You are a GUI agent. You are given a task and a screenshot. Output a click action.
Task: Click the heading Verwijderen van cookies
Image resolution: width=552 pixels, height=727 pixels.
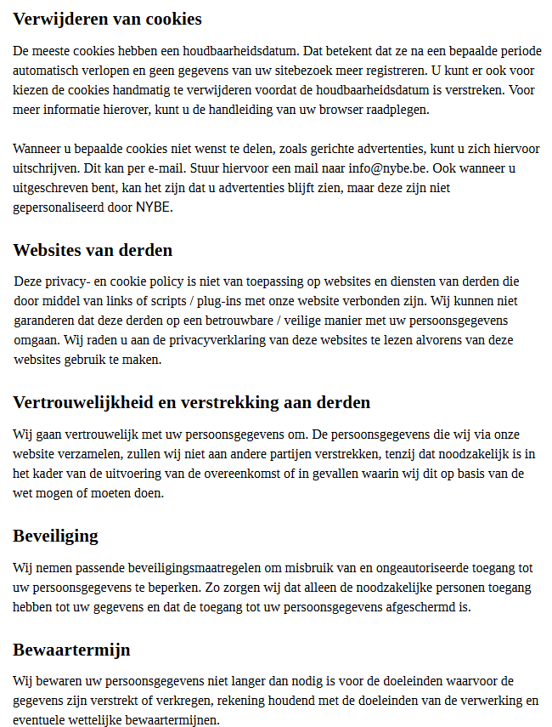(x=107, y=19)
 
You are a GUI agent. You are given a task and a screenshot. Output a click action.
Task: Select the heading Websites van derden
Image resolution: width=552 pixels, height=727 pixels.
(x=93, y=250)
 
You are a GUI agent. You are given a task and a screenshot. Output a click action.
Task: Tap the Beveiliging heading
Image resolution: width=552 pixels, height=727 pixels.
(x=55, y=536)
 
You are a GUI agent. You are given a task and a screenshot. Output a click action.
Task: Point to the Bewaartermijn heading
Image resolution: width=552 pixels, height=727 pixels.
(x=71, y=650)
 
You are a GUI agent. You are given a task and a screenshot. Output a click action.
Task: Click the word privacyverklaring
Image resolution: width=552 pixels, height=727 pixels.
(x=210, y=340)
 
